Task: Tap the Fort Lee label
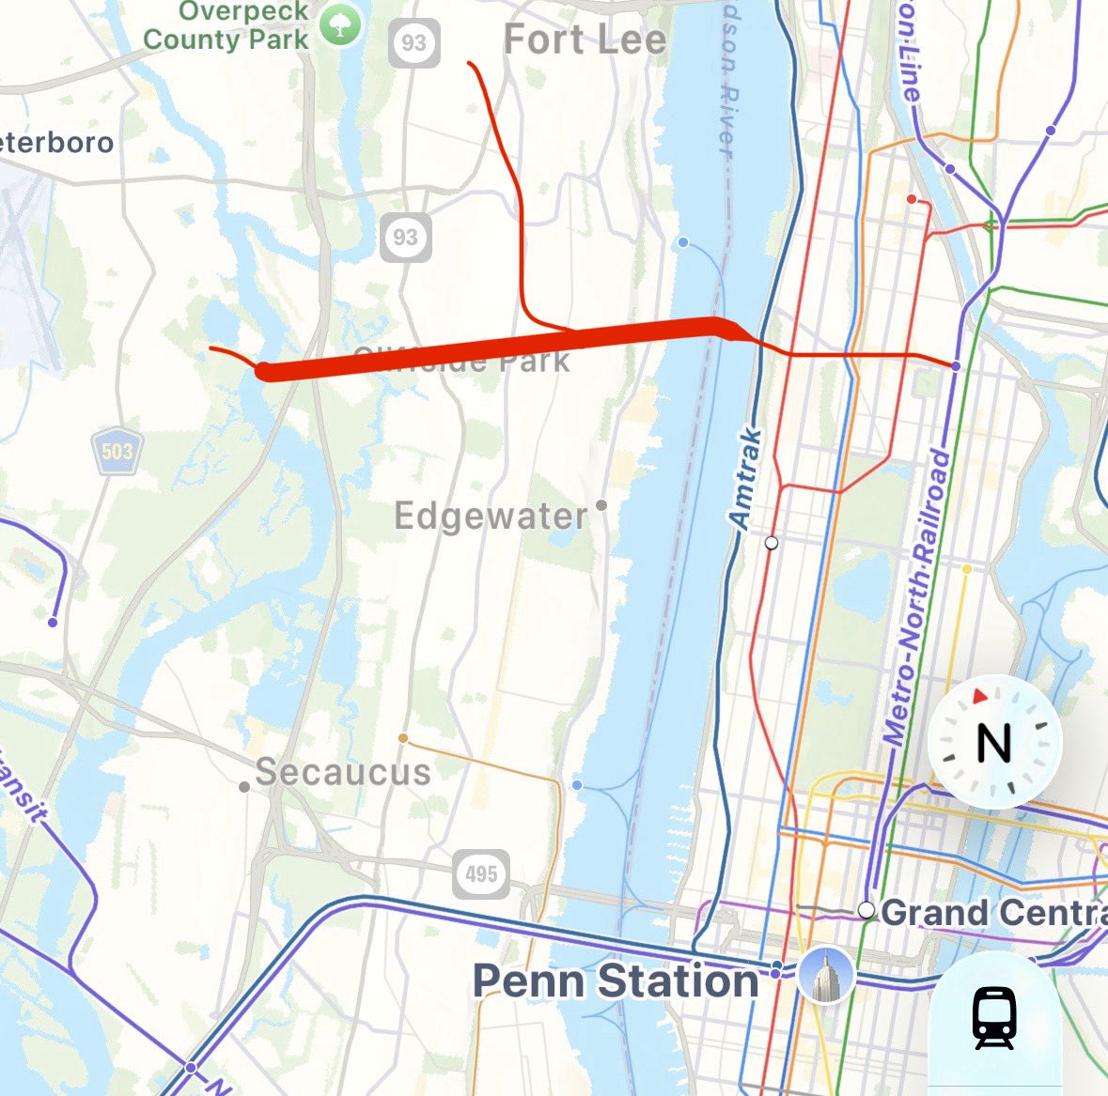pyautogui.click(x=585, y=39)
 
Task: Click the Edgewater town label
pyautogui.click(x=491, y=516)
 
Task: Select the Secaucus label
pyautogui.click(x=343, y=772)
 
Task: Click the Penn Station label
pyautogui.click(x=616, y=980)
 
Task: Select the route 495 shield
pyautogui.click(x=481, y=874)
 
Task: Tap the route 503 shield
pyautogui.click(x=117, y=451)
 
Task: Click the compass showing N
pyautogui.click(x=994, y=742)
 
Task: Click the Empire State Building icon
pyautogui.click(x=825, y=973)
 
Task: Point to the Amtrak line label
pyautogui.click(x=746, y=478)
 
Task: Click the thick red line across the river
pyautogui.click(x=489, y=347)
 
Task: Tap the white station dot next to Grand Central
pyautogui.click(x=866, y=910)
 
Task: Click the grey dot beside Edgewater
pyautogui.click(x=601, y=505)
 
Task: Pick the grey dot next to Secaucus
pyautogui.click(x=244, y=787)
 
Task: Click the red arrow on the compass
pyautogui.click(x=980, y=697)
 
